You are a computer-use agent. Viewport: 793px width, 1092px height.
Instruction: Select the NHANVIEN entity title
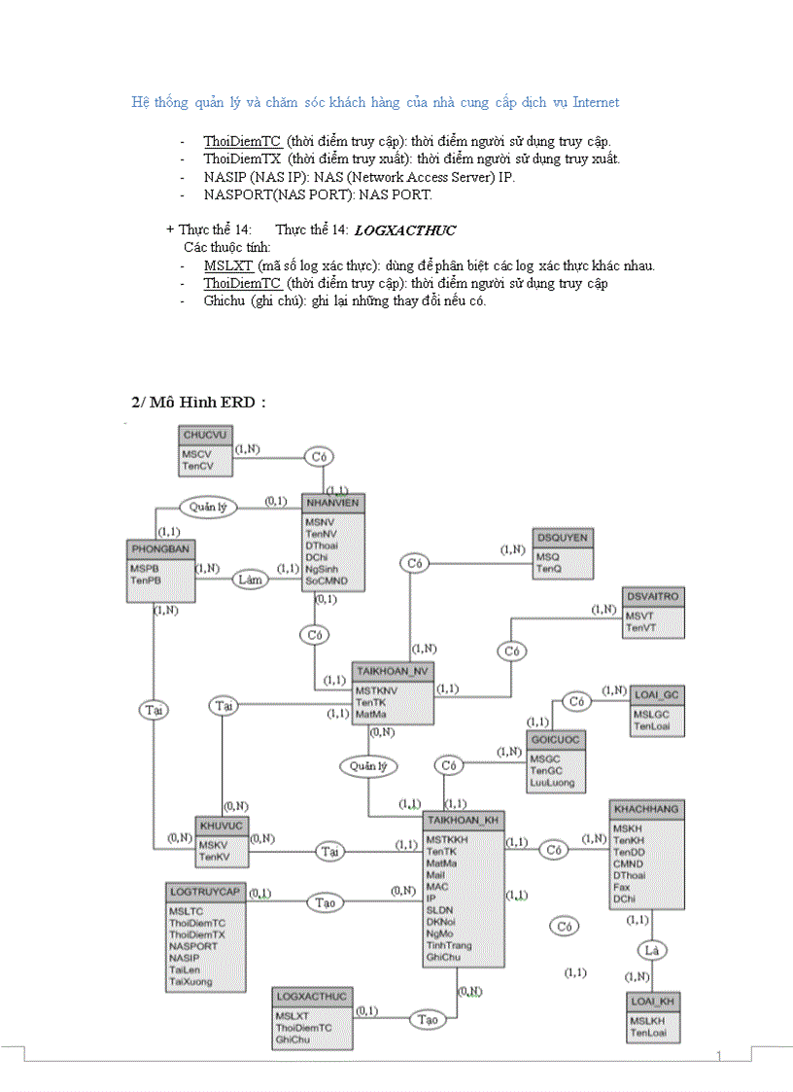[332, 503]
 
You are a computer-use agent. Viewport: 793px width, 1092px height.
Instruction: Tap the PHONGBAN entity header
[160, 548]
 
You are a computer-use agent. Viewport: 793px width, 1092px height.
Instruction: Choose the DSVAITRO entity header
[653, 595]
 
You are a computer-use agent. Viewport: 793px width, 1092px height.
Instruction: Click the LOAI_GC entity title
[658, 694]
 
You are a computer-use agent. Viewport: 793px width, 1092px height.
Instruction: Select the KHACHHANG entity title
[646, 809]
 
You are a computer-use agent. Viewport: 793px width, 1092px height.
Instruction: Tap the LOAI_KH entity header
[653, 1001]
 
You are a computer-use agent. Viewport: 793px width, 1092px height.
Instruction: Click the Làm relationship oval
[251, 580]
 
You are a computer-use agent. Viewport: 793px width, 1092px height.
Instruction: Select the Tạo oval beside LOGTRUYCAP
[327, 902]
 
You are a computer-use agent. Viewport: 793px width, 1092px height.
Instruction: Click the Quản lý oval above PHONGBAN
[208, 507]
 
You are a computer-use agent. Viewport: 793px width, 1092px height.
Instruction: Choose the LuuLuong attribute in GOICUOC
[552, 783]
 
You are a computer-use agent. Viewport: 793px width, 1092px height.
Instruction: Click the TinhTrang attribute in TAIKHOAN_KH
[448, 945]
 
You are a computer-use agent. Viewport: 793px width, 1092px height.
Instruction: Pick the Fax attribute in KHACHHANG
[621, 887]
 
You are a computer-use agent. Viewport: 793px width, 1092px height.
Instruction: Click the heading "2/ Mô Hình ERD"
[198, 403]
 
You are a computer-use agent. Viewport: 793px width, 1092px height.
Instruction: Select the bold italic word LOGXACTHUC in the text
[405, 230]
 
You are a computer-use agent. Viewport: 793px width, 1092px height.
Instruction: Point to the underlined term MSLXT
[228, 265]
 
